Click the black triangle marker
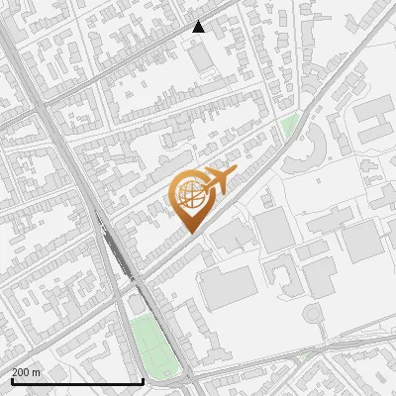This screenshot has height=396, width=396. coord(199,27)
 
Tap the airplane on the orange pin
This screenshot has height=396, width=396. coord(217,181)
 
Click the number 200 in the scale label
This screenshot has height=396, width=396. coord(22,372)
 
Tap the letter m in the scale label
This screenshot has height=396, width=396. coord(38,372)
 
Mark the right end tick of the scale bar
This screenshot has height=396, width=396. coord(143,380)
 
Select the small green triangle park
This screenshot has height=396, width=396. coord(289,126)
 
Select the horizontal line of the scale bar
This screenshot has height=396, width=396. coord(76,381)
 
